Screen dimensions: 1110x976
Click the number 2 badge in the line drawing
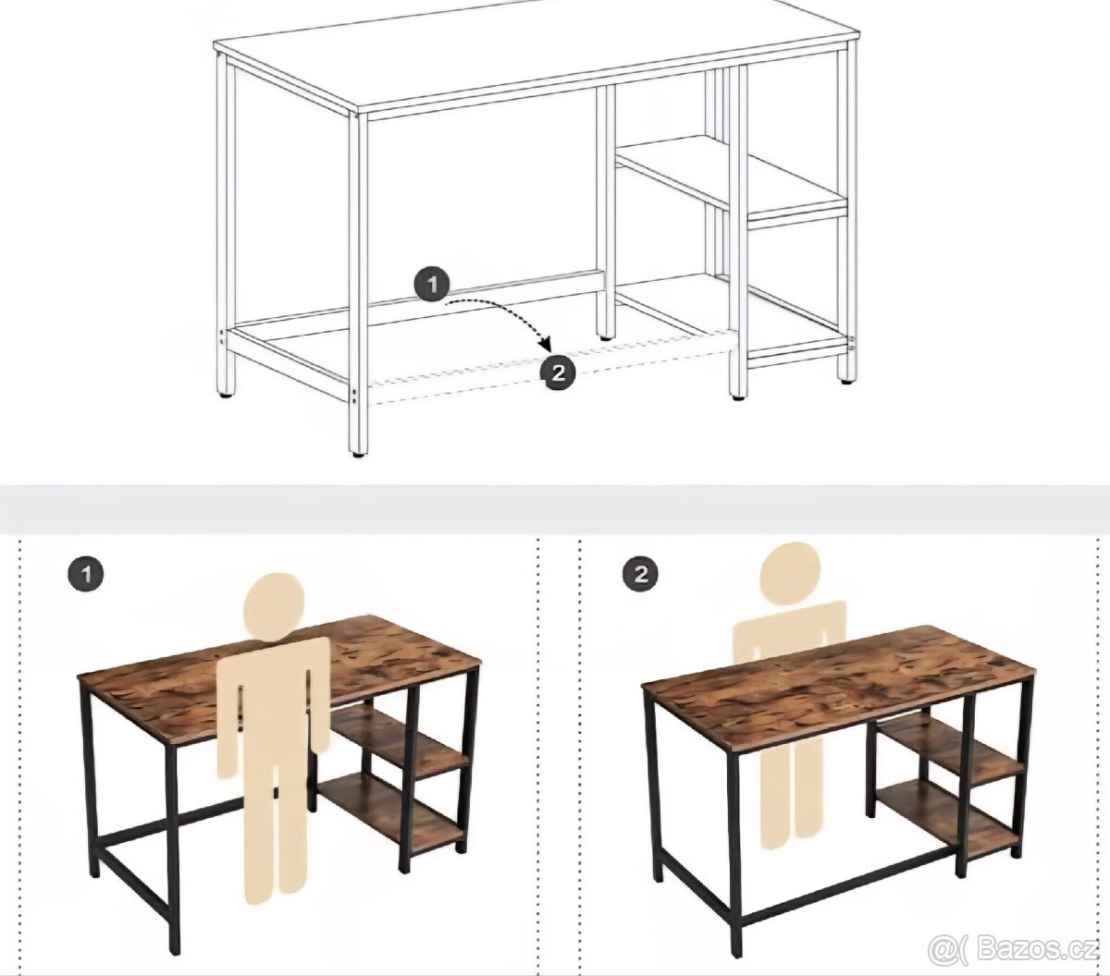(x=558, y=373)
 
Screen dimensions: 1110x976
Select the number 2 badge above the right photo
(x=640, y=574)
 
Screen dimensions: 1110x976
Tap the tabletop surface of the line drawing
(x=536, y=54)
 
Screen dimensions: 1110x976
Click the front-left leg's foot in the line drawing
(x=358, y=452)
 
